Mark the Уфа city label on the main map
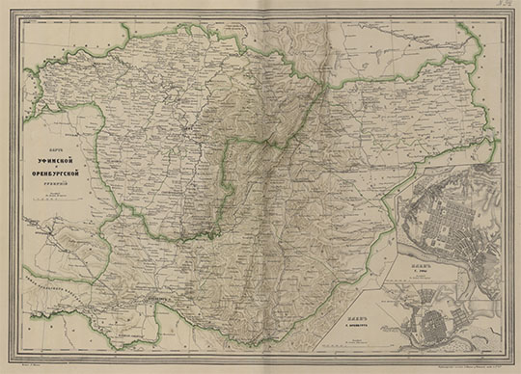pos(193,145)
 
